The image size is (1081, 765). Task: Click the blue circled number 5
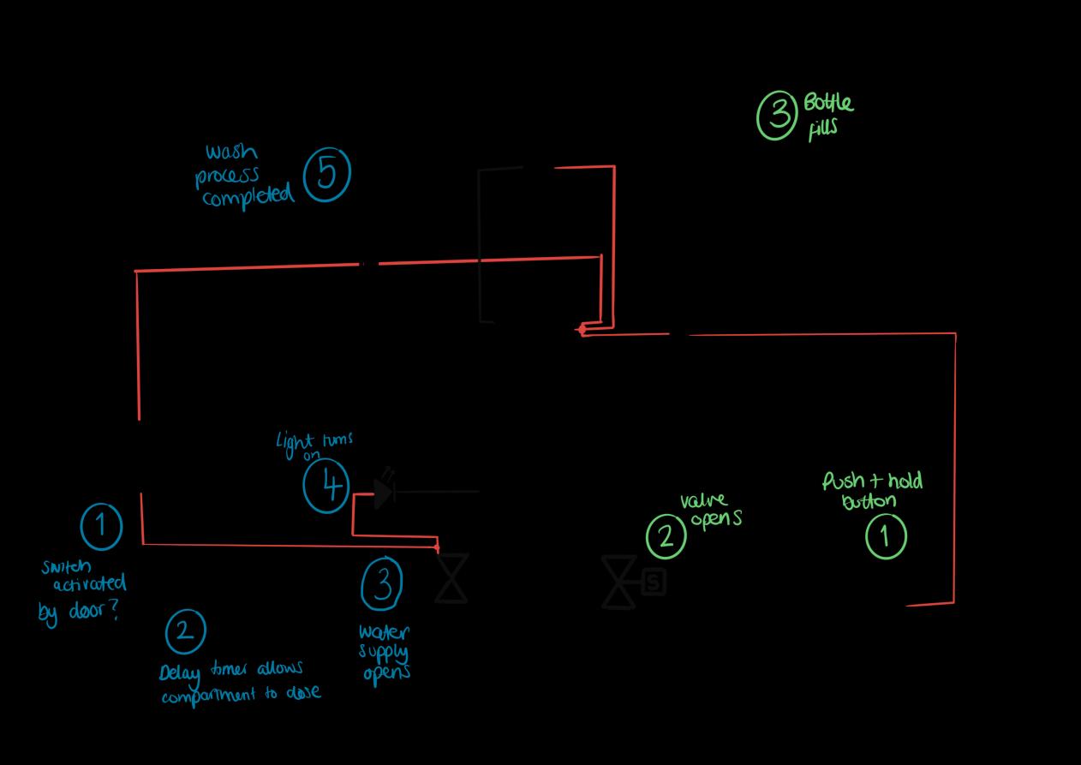pyautogui.click(x=327, y=174)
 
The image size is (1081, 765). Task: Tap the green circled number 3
pyautogui.click(x=778, y=115)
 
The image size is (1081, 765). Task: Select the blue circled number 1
pyautogui.click(x=102, y=525)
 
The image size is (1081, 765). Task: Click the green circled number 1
pyautogui.click(x=886, y=537)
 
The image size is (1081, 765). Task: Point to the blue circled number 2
pyautogui.click(x=185, y=631)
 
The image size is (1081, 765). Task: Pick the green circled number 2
pyautogui.click(x=666, y=536)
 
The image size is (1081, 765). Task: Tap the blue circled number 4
pyautogui.click(x=326, y=486)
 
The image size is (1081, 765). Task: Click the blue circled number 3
pyautogui.click(x=382, y=583)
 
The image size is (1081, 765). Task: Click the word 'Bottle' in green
pyautogui.click(x=828, y=103)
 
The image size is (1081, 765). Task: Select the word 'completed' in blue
pyautogui.click(x=248, y=196)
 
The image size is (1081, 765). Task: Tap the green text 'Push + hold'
pyautogui.click(x=872, y=481)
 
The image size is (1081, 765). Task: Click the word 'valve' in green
pyautogui.click(x=703, y=500)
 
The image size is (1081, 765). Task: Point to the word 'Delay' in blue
pyautogui.click(x=179, y=673)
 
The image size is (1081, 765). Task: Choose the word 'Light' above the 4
pyautogui.click(x=291, y=442)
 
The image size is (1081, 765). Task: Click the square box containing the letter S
pyautogui.click(x=654, y=583)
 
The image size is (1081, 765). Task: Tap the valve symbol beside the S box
pyautogui.click(x=618, y=583)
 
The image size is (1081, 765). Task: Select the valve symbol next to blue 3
pyautogui.click(x=451, y=578)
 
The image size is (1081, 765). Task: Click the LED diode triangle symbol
pyautogui.click(x=383, y=493)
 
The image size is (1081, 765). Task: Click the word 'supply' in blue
pyautogui.click(x=383, y=654)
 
